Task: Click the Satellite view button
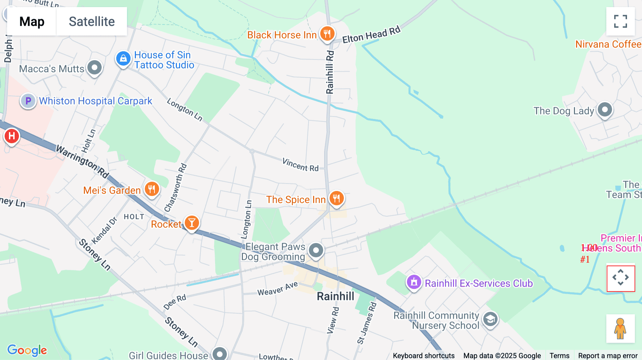92,22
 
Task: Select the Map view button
32,22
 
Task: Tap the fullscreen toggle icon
620,21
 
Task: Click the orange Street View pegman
620,329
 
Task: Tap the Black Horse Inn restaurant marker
327,34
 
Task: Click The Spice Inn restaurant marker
336,198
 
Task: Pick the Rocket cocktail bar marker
192,223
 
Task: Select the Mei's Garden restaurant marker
152,189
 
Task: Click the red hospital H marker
12,136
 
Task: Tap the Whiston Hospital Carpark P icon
28,101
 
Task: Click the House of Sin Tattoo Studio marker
123,58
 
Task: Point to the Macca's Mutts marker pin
95,67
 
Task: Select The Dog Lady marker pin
605,109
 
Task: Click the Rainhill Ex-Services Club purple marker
414,282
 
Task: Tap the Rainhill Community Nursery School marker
490,319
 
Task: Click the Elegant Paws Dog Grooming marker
316,250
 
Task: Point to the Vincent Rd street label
300,165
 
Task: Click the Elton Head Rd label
371,35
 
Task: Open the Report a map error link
608,356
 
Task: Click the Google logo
27,350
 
